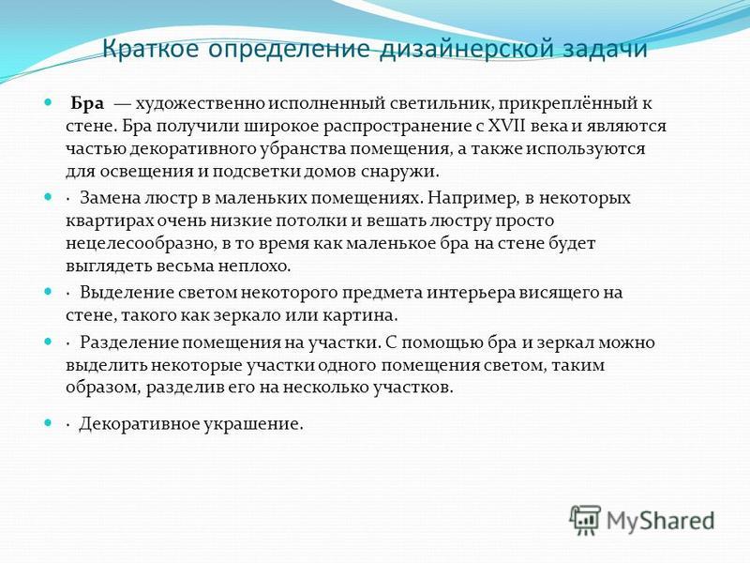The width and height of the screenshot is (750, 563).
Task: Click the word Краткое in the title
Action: tap(151, 48)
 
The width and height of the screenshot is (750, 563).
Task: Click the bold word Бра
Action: tap(87, 103)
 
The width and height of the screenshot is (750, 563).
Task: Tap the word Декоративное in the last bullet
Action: tap(138, 424)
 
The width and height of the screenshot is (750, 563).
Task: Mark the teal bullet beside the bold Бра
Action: tap(48, 102)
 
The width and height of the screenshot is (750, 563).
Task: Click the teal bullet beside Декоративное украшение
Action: tap(48, 423)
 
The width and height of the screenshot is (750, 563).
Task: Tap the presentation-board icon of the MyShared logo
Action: tap(585, 520)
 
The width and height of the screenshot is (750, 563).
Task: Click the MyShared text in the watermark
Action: tap(661, 521)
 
